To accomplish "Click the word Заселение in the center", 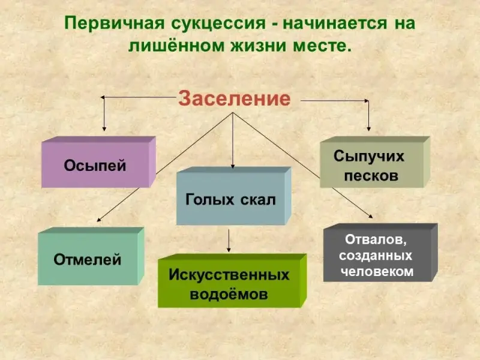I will (x=234, y=98).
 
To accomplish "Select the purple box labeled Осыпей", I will (x=96, y=164).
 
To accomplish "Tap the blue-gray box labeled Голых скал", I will (x=231, y=199).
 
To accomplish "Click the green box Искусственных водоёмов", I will (x=229, y=284).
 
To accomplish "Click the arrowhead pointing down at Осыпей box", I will (x=105, y=127).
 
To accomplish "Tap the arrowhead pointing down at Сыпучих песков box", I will (x=368, y=127).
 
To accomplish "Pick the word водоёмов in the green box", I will (x=229, y=295).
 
